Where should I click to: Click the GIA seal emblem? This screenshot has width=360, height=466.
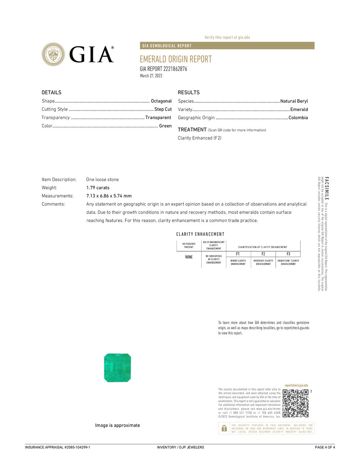pos(53,54)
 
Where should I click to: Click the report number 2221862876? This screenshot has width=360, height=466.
pos(175,69)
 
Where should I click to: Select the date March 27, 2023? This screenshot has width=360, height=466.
pos(151,76)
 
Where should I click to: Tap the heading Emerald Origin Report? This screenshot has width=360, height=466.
pos(176,59)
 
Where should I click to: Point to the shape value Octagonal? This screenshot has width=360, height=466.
pos(161,101)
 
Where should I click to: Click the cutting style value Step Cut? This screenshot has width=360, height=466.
pos(163,109)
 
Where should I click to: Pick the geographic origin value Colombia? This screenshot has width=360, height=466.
pos(298,118)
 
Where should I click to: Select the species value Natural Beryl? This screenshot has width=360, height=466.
pos(294,101)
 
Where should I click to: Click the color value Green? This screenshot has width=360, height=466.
pos(165,126)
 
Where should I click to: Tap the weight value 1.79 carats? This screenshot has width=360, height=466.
pos(98,188)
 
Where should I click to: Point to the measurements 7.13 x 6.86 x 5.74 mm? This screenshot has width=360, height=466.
pos(109,196)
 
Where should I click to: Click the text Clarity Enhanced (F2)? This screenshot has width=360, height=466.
pos(199,138)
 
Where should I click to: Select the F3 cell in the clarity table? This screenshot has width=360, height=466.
pos(288,254)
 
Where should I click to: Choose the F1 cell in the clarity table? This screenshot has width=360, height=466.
pos(238,254)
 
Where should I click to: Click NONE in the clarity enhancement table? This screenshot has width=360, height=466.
pos(189,257)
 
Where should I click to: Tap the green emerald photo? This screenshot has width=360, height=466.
pos(117,368)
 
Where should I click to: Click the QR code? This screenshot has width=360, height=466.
pos(296,403)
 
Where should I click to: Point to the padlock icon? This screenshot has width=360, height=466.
pos(224,428)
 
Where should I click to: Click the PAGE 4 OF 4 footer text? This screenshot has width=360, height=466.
pos(325,447)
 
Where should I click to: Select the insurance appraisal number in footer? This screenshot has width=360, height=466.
pos(58,447)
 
